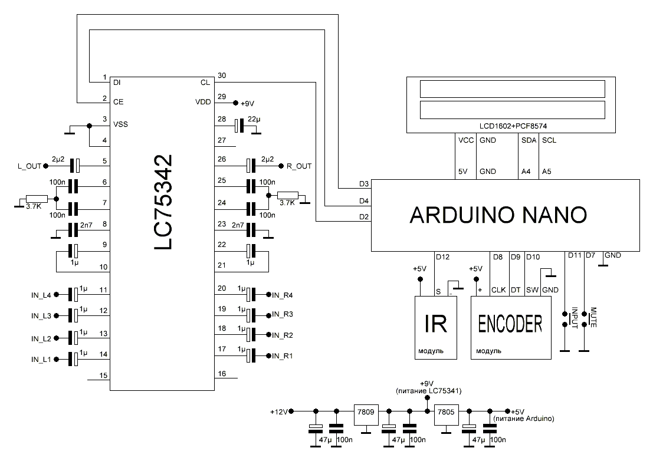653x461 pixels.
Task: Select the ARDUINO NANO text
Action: click(498, 215)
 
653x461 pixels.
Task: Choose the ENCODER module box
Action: click(511, 327)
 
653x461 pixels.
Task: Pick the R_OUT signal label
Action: click(298, 167)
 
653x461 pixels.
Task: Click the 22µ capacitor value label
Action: click(255, 118)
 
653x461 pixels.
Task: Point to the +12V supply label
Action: click(278, 411)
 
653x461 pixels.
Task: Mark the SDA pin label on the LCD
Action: click(529, 140)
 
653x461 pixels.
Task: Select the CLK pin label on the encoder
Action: click(499, 289)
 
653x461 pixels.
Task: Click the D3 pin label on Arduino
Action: click(364, 184)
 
